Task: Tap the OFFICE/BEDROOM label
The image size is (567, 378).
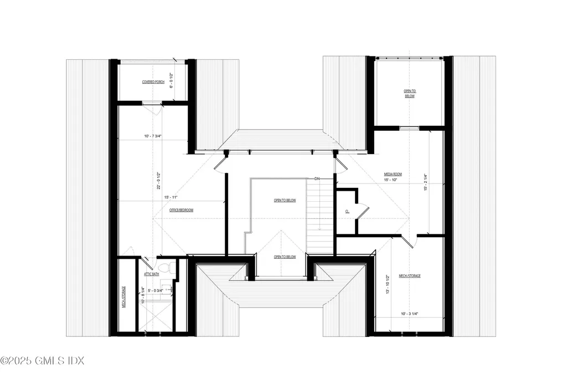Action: [x=182, y=210]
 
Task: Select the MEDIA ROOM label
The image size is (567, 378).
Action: [x=393, y=174]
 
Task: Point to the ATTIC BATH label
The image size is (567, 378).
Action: [x=152, y=274]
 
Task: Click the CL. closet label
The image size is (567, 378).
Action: [x=347, y=211]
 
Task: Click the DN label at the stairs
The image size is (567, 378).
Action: [x=317, y=179]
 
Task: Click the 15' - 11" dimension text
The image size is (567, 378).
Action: [x=171, y=197]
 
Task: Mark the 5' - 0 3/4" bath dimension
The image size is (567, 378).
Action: [x=155, y=290]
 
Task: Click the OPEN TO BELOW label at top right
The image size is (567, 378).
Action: [x=409, y=93]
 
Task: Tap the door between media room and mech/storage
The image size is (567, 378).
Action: [x=409, y=241]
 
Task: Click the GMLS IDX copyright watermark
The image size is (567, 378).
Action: [x=42, y=361]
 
